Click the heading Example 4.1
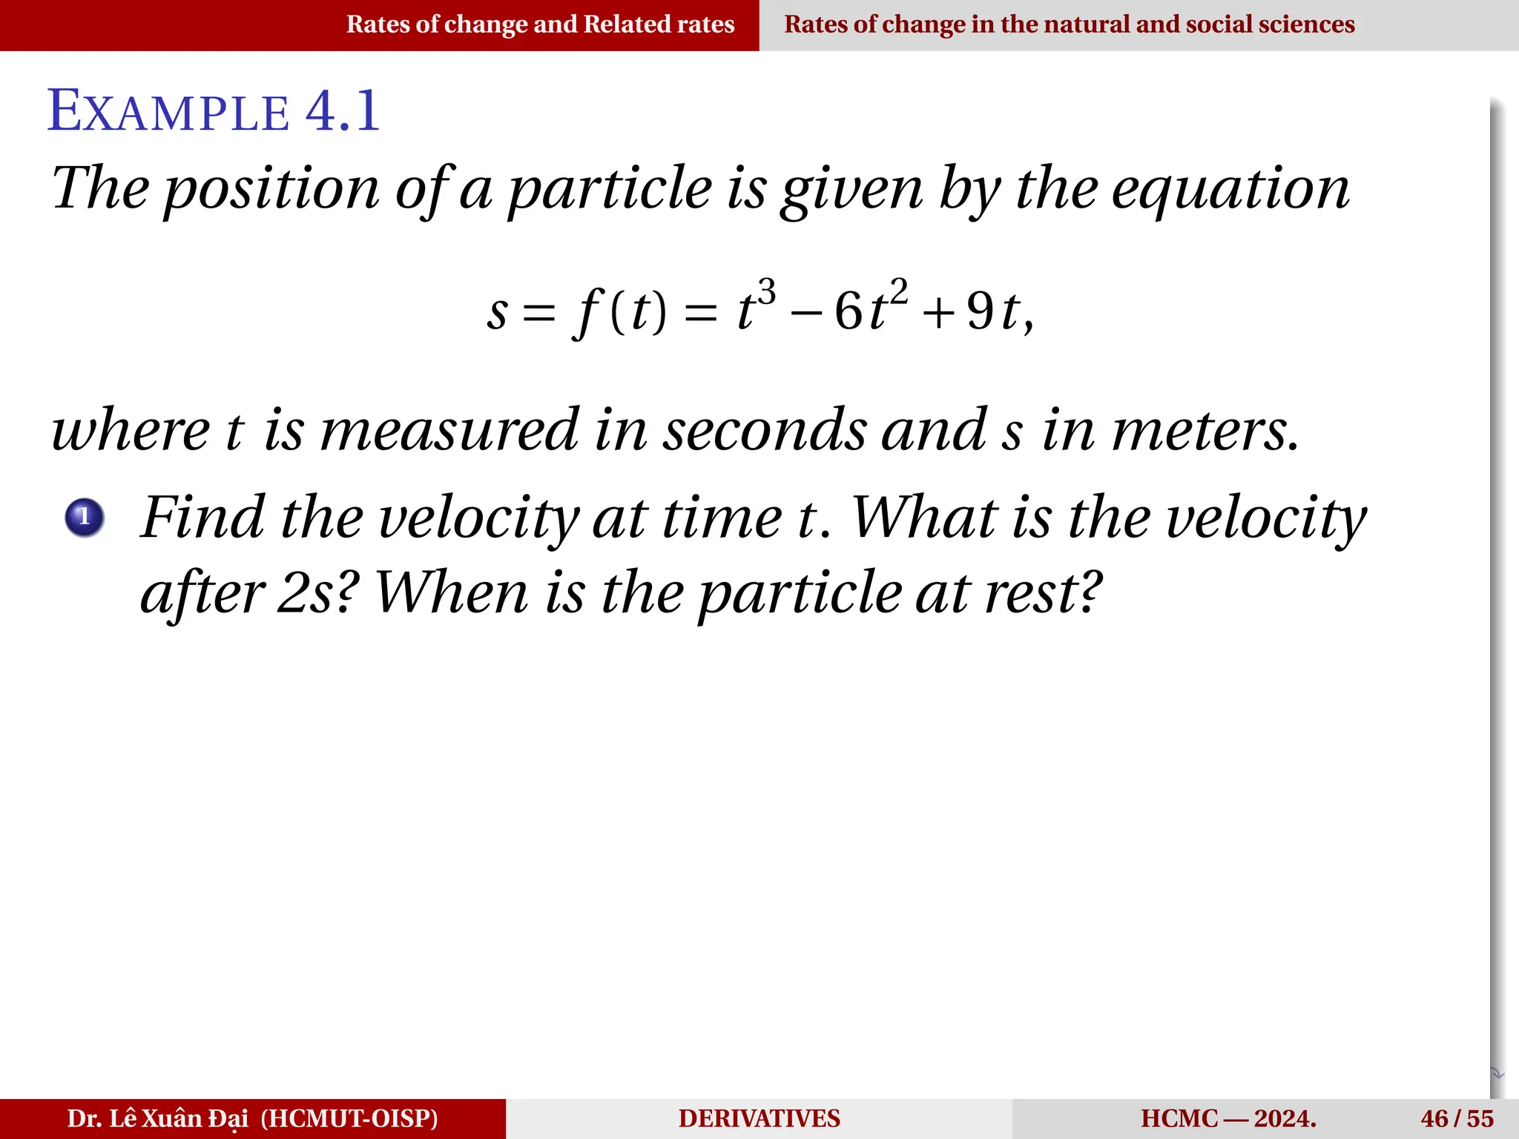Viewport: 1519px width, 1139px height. point(214,111)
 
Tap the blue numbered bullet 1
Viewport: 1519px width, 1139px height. point(85,517)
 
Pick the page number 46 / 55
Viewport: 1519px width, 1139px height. point(1457,1118)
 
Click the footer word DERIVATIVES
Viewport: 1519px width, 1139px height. point(759,1118)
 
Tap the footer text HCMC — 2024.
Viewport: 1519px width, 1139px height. point(1228,1118)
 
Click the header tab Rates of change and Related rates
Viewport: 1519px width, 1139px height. point(540,24)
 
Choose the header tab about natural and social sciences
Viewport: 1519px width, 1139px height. point(1069,24)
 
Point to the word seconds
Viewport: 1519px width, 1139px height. point(764,430)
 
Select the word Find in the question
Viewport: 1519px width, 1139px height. point(202,517)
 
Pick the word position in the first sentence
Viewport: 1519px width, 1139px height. point(271,190)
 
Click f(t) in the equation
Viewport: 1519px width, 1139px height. point(620,311)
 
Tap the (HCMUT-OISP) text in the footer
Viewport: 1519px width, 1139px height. point(349,1118)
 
